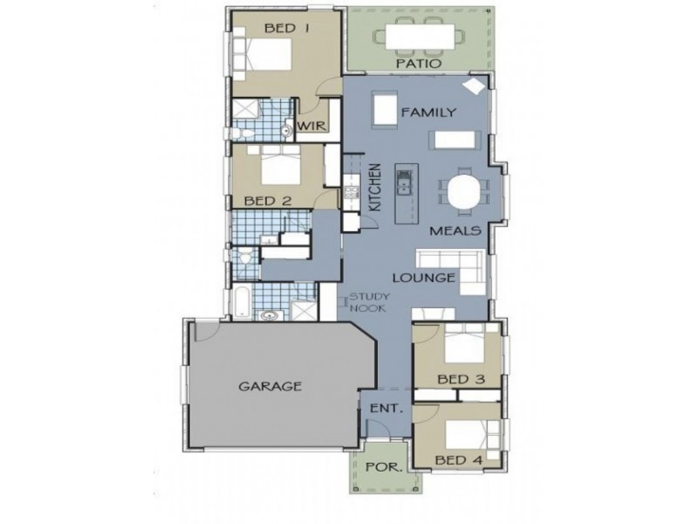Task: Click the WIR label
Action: [311, 127]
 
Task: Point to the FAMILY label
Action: [428, 112]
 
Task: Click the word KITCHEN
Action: [376, 188]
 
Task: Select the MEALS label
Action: [456, 231]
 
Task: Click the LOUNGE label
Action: [423, 279]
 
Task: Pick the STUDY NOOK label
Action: [365, 302]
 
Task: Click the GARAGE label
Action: [270, 385]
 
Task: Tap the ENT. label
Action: [385, 408]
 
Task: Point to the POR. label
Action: [384, 466]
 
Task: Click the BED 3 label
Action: [461, 380]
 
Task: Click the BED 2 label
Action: [266, 200]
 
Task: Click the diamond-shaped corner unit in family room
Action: [472, 86]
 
